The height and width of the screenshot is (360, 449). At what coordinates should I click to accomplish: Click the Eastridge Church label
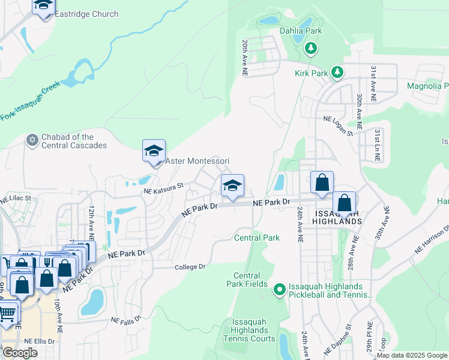click(x=86, y=14)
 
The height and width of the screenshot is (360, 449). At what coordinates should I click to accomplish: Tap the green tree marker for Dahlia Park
click(x=311, y=47)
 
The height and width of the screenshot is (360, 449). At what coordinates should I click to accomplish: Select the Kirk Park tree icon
click(x=337, y=73)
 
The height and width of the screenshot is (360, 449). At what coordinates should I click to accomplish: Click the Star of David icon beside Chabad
click(x=32, y=140)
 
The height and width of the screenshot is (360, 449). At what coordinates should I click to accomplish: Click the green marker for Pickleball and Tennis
click(x=279, y=290)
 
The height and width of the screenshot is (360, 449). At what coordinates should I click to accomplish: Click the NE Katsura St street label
click(x=163, y=190)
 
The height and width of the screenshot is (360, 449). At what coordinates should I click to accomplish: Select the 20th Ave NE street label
click(x=245, y=58)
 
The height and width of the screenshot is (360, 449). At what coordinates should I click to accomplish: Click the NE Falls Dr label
click(x=125, y=320)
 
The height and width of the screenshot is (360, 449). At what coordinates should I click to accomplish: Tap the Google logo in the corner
click(x=20, y=353)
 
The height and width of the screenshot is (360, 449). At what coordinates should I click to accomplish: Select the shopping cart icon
click(x=7, y=313)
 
